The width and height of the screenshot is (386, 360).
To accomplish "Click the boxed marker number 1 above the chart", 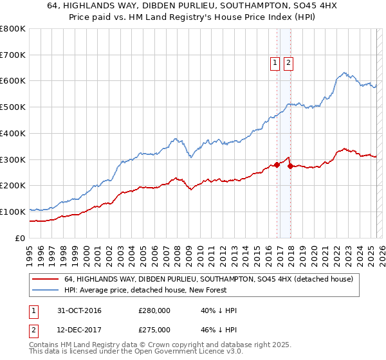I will point(275,63).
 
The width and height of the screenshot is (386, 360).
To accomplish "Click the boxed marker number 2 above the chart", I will point(288,63).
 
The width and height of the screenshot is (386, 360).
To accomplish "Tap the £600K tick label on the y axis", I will point(13,81).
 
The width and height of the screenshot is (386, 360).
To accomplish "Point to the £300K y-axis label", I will point(13,159).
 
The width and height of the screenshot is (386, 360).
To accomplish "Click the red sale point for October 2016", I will point(277,165).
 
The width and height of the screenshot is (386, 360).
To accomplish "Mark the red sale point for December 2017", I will point(290,166).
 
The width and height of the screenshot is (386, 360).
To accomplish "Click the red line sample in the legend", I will point(45,280).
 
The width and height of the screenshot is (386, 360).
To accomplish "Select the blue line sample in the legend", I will point(45,291).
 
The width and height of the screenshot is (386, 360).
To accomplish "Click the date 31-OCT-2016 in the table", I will point(80,311).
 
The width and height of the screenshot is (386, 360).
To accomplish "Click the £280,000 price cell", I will point(154,311).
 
